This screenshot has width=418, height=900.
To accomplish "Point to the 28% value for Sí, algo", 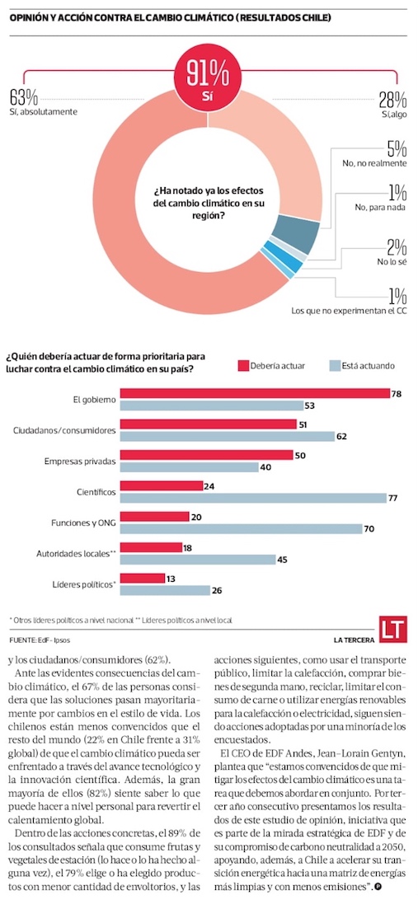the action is (393, 101).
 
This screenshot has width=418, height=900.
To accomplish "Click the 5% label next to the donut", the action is (397, 148).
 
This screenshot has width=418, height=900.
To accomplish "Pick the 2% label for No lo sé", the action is (397, 247).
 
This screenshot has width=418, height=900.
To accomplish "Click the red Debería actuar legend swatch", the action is (242, 365).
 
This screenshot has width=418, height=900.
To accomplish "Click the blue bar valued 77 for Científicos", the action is (254, 498).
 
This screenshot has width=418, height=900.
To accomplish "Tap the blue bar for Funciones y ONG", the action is (242, 529).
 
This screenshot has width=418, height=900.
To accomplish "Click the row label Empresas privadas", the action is (80, 461).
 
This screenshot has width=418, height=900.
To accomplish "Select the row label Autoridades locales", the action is (76, 555).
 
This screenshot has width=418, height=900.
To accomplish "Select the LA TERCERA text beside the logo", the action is (355, 640).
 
